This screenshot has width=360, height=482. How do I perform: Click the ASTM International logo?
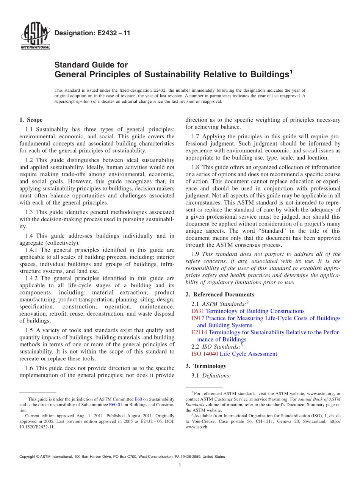35,36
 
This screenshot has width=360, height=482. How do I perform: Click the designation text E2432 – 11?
92,33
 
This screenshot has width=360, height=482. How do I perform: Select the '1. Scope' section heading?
31,120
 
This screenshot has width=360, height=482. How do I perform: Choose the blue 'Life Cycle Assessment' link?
248,354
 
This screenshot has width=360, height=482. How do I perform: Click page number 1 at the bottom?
180,465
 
